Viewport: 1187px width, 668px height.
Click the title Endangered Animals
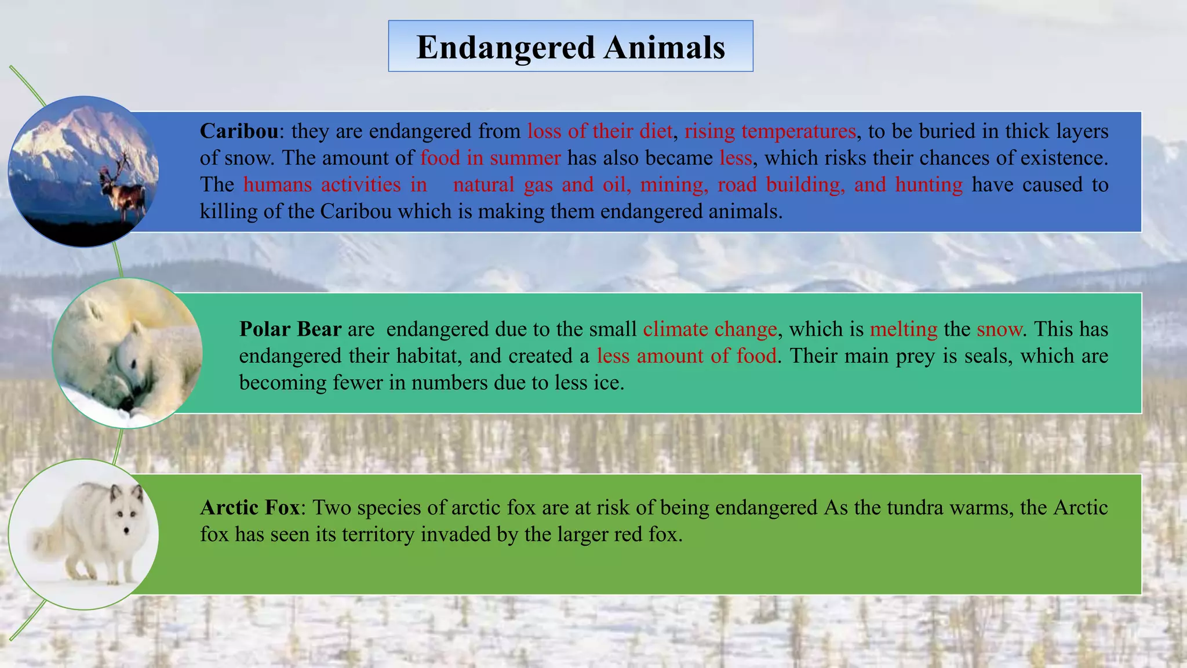[x=570, y=47]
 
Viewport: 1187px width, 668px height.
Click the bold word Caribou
[x=239, y=131]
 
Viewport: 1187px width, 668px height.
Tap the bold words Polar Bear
[x=290, y=329]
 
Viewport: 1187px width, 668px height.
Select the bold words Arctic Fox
[x=250, y=507]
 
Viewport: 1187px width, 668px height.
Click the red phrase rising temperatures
[x=770, y=131]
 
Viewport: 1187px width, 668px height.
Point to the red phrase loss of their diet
[x=599, y=131]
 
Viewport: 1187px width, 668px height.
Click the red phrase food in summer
[x=490, y=158]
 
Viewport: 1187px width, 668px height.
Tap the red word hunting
[x=929, y=184]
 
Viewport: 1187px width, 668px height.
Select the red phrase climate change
[x=709, y=329]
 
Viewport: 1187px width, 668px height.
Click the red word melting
[x=903, y=329]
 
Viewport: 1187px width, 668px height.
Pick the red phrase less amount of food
[x=686, y=355]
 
